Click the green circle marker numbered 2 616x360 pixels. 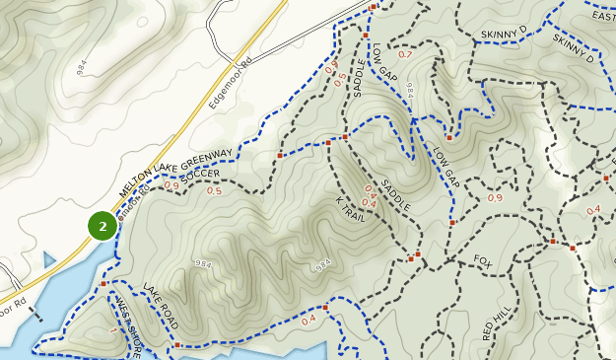click(103, 226)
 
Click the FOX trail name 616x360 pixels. click(482, 261)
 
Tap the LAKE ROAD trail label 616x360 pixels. click(160, 306)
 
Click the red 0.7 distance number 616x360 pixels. click(405, 54)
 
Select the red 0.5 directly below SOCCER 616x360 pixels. click(214, 191)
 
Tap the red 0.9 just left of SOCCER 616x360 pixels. click(171, 184)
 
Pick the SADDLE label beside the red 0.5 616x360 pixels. click(359, 78)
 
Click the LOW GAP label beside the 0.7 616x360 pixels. click(384, 61)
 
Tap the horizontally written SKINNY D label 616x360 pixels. click(504, 34)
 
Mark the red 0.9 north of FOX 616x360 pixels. click(495, 198)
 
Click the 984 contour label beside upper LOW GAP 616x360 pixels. click(409, 88)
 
